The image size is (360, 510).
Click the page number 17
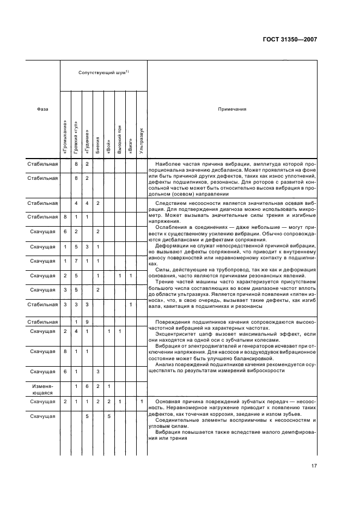314,466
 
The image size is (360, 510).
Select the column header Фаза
43,109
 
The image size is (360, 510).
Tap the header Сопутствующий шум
103,72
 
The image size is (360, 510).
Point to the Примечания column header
232,109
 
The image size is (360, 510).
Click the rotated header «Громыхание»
65,136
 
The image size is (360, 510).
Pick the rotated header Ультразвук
142,138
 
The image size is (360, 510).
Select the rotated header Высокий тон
120,138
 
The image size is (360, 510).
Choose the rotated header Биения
98,145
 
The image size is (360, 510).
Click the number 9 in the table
87,322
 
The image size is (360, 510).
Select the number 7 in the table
76,260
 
